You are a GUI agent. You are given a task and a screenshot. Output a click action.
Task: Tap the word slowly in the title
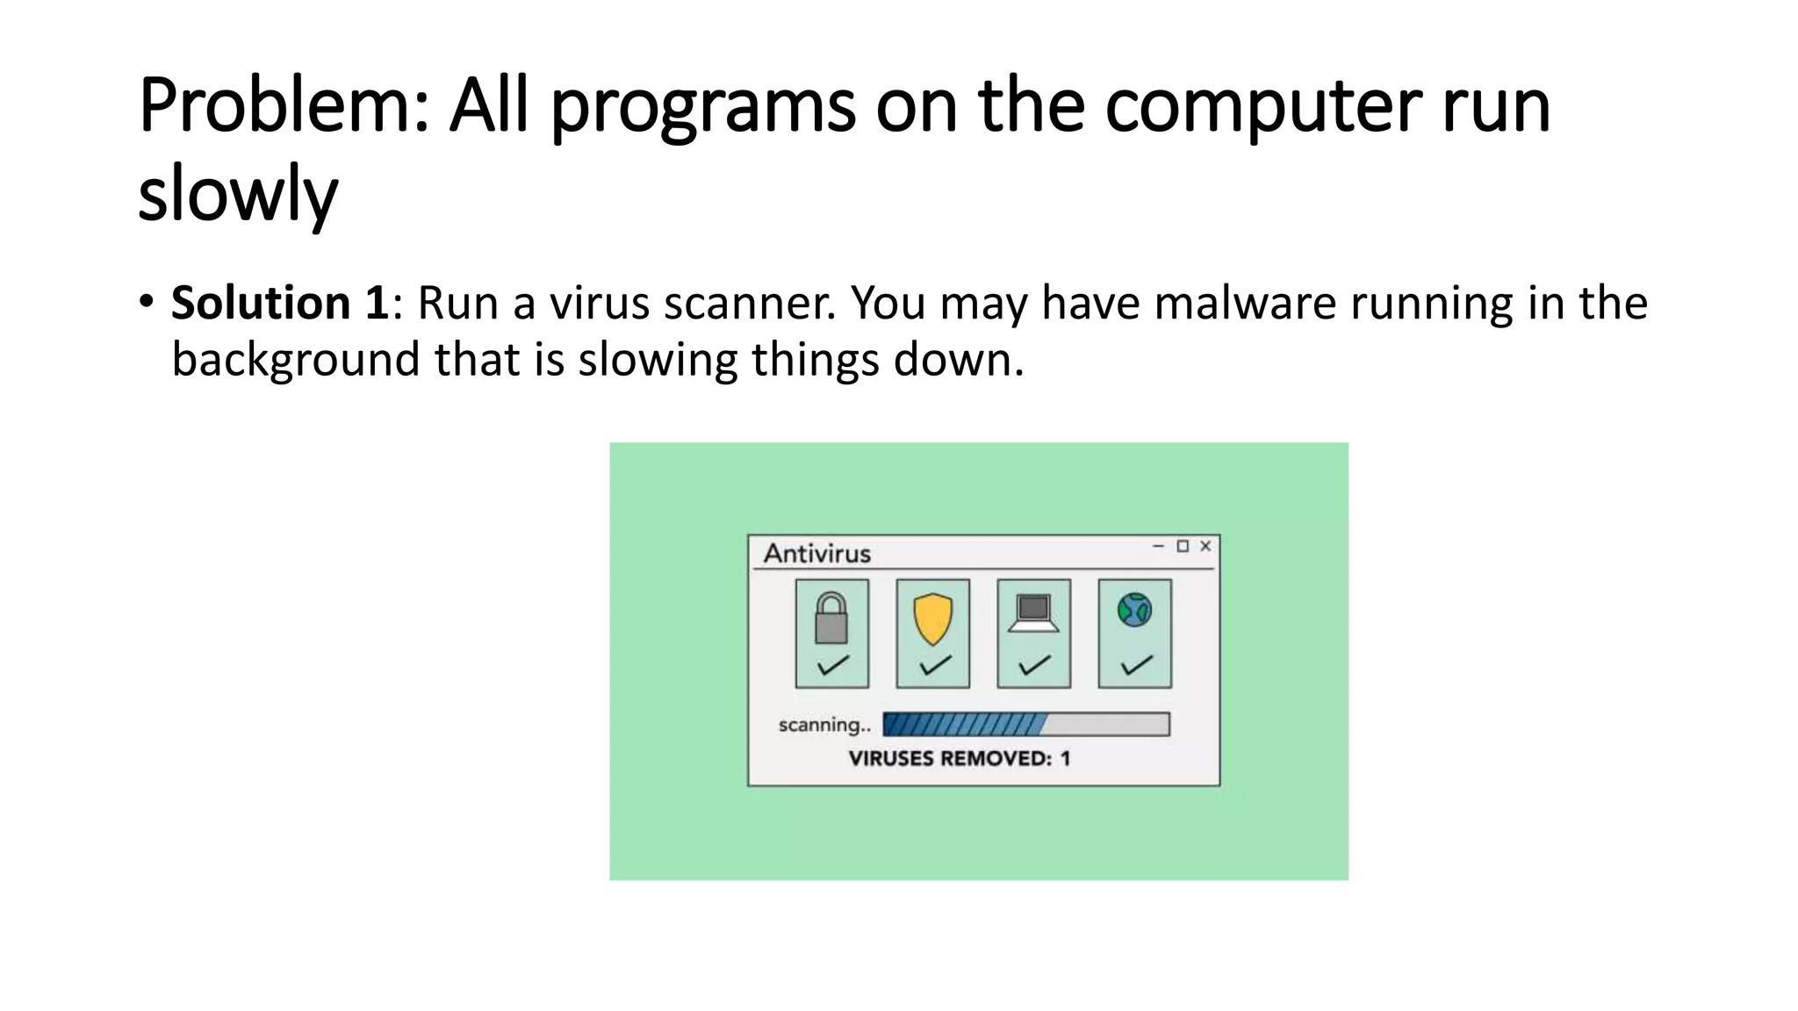click(x=238, y=194)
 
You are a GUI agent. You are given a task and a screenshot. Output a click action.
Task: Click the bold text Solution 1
click(x=280, y=303)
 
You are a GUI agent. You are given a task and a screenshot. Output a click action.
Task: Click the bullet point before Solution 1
click(x=146, y=302)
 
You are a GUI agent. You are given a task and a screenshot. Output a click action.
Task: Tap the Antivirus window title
click(x=817, y=554)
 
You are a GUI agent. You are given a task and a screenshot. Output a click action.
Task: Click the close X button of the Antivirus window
click(x=1205, y=546)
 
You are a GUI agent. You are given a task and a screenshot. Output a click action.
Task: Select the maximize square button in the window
click(x=1183, y=546)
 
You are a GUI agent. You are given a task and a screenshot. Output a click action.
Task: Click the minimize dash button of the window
click(x=1158, y=546)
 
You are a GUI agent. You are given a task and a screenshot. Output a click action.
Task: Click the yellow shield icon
click(x=932, y=618)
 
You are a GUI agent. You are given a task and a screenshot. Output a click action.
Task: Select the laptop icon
click(x=1033, y=613)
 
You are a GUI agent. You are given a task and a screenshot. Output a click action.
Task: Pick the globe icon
click(x=1134, y=610)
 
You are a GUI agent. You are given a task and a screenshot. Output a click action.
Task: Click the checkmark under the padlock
click(x=832, y=665)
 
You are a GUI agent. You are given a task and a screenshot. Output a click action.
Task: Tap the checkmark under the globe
click(x=1136, y=666)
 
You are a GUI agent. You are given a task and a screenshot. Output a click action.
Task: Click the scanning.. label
click(x=824, y=725)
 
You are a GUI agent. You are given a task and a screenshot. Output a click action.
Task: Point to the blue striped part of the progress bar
click(x=964, y=724)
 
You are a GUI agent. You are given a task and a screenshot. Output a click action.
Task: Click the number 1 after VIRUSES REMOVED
click(x=1065, y=758)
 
